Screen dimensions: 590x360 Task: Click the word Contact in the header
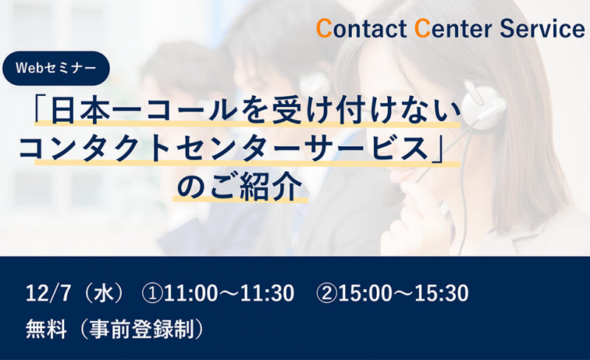pyautogui.click(x=361, y=29)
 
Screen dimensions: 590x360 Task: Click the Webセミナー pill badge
pyautogui.click(x=56, y=68)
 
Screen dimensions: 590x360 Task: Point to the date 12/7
pyautogui.click(x=48, y=293)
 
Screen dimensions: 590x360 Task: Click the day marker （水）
pyautogui.click(x=104, y=293)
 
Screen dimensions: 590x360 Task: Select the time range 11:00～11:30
pyautogui.click(x=229, y=293)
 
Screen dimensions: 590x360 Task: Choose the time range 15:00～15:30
pyautogui.click(x=403, y=293)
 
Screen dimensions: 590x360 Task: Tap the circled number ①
pyautogui.click(x=153, y=294)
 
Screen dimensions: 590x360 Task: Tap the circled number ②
pyautogui.click(x=327, y=294)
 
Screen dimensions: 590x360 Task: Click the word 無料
pyautogui.click(x=46, y=329)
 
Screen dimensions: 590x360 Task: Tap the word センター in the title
pyautogui.click(x=237, y=149)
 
